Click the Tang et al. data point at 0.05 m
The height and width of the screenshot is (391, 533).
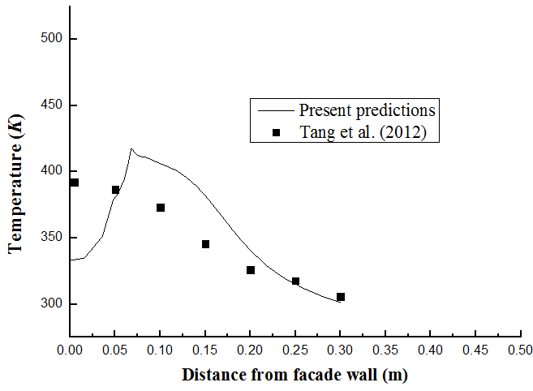pos(115,190)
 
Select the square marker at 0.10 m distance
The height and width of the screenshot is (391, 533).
pos(161,208)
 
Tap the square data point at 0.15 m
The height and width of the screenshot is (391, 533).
pos(205,244)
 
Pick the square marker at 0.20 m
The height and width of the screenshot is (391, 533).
pos(251,270)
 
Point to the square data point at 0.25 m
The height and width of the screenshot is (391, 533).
pos(295,281)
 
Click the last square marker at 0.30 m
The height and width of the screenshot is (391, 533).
pos(341,297)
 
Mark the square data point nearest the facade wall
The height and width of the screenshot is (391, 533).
pos(75,183)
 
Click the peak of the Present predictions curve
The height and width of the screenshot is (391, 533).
pos(131,148)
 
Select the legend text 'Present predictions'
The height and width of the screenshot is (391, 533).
pos(368,110)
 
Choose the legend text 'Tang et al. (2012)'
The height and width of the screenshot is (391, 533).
pos(363,131)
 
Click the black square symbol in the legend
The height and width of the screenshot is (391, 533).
pos(277,132)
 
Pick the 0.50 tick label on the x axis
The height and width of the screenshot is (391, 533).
pos(520,350)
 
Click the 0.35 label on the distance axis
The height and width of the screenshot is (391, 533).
pos(385,350)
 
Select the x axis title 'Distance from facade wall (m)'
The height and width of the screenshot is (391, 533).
pos(294,375)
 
